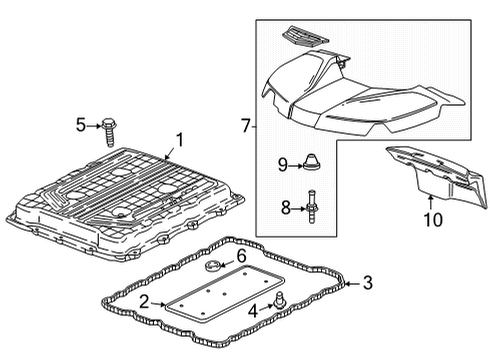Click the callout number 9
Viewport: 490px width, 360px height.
pos(283,162)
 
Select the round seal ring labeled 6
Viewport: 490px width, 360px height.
pos(213,266)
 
